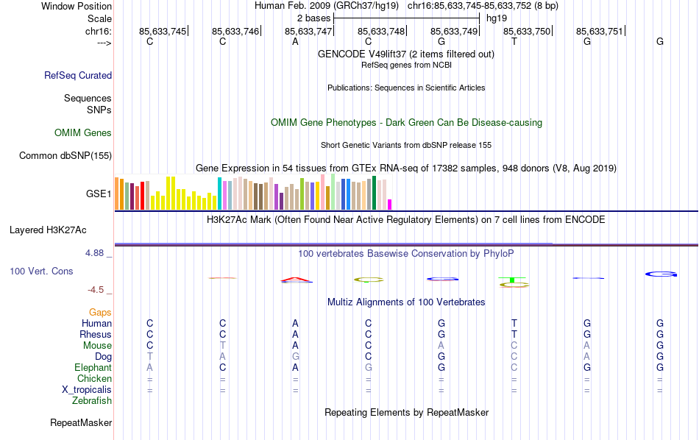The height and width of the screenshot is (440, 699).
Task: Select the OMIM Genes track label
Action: pyautogui.click(x=83, y=133)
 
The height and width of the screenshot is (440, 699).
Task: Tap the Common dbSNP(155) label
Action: pyautogui.click(x=65, y=155)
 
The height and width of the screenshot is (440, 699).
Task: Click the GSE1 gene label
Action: pyautogui.click(x=99, y=194)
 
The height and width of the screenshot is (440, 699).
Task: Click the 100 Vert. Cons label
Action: pyautogui.click(x=41, y=271)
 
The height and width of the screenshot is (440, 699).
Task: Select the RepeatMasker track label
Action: pyautogui.click(x=81, y=423)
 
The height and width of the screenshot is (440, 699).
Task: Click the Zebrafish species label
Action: pyautogui.click(x=92, y=401)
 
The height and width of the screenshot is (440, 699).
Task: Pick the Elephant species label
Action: pyautogui.click(x=93, y=368)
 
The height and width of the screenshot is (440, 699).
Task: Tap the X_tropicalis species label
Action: pyautogui.click(x=87, y=390)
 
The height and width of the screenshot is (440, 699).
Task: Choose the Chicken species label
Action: pyautogui.click(x=93, y=379)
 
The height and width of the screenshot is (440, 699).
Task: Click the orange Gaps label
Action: pyautogui.click(x=100, y=313)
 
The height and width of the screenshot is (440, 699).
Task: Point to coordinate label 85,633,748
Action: pyautogui.click(x=381, y=32)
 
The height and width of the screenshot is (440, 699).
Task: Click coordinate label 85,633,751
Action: pyautogui.click(x=599, y=32)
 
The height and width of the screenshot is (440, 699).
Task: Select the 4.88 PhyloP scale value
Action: pyautogui.click(x=96, y=253)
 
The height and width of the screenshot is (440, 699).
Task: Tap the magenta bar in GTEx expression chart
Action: pyautogui.click(x=390, y=205)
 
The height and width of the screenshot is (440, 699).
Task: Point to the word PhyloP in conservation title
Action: pyautogui.click(x=498, y=254)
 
